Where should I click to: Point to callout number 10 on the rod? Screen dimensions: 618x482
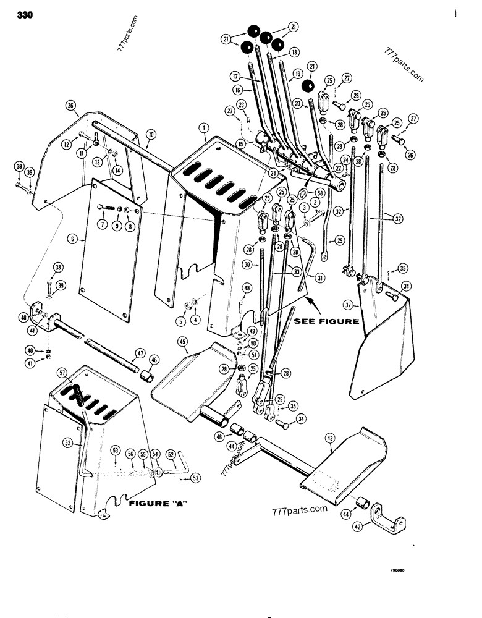click(x=151, y=133)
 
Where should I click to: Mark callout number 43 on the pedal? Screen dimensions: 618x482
click(x=330, y=438)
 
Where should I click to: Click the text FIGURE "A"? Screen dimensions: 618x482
click(x=158, y=504)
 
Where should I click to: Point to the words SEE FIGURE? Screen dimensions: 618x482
click(x=326, y=321)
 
